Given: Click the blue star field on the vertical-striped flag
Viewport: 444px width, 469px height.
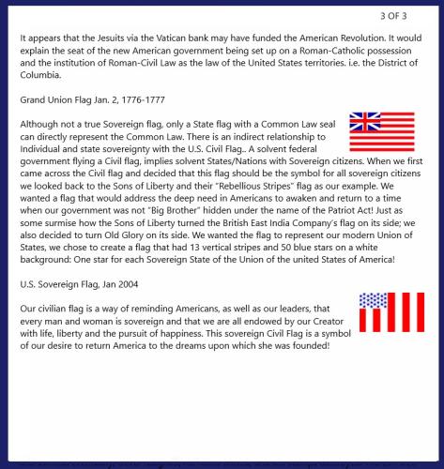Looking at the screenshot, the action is pos(372,301).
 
